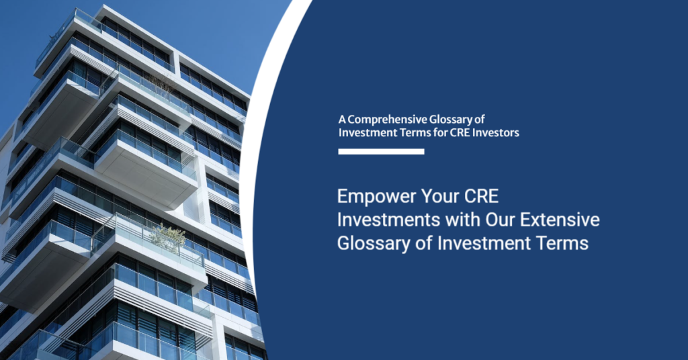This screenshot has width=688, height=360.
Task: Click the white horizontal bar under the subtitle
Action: pyautogui.click(x=382, y=152)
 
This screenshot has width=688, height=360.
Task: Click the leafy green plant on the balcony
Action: pyautogui.click(x=168, y=238)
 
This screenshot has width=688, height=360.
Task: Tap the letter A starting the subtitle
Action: pyautogui.click(x=342, y=120)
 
